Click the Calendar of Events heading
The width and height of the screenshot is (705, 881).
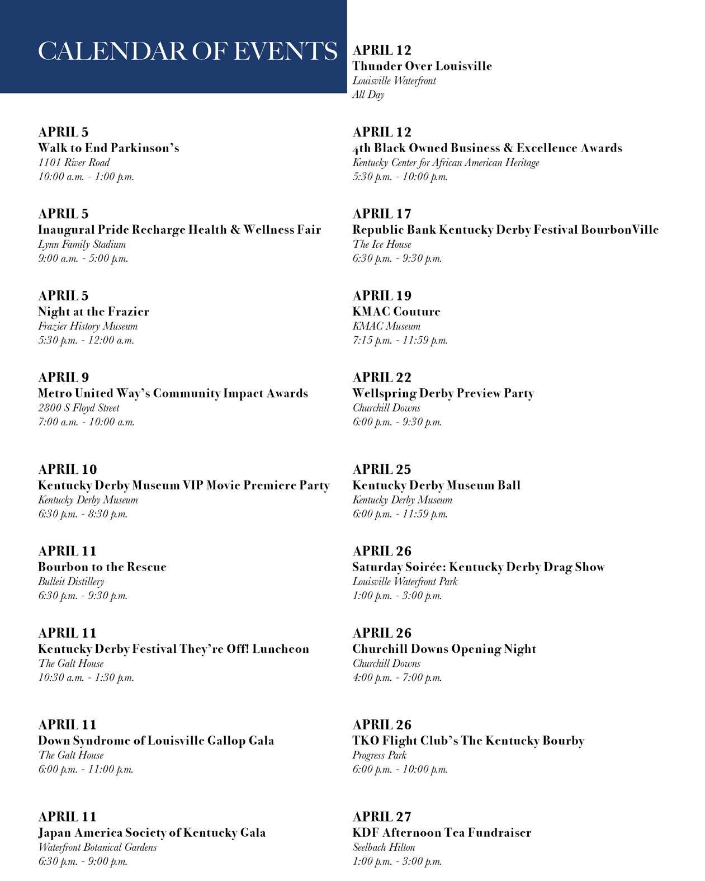pyautogui.click(x=187, y=51)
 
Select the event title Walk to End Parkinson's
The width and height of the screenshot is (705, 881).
pyautogui.click(x=108, y=148)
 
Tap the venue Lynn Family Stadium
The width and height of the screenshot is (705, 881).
pyautogui.click(x=82, y=244)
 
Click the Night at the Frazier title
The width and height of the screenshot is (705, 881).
pyautogui.click(x=93, y=312)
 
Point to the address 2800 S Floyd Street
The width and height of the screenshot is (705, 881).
pyautogui.click(x=79, y=408)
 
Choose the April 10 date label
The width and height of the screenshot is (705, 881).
pyautogui.click(x=68, y=469)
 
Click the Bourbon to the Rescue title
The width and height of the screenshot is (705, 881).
pyautogui.click(x=102, y=567)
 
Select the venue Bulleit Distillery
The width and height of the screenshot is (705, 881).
pyautogui.click(x=71, y=582)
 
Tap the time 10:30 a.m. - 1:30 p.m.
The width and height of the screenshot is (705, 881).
pyautogui.click(x=86, y=677)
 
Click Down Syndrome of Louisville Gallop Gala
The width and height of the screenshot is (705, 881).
pyautogui.click(x=156, y=741)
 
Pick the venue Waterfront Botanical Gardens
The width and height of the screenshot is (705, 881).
pyautogui.click(x=97, y=847)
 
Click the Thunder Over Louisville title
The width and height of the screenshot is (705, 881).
pyautogui.click(x=422, y=66)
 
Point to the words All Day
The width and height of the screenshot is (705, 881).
pyautogui.click(x=368, y=95)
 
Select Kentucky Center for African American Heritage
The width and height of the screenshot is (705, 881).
pyautogui.click(x=446, y=163)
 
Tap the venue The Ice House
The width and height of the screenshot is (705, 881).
pyautogui.click(x=382, y=244)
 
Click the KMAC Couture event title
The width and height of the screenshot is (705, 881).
pyautogui.click(x=396, y=312)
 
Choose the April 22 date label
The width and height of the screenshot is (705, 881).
pyautogui.click(x=382, y=378)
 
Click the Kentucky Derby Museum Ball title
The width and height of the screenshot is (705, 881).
pyautogui.click(x=436, y=485)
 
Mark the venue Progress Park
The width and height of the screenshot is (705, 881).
pyautogui.click(x=379, y=755)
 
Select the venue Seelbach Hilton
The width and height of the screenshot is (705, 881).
pyautogui.click(x=384, y=847)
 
